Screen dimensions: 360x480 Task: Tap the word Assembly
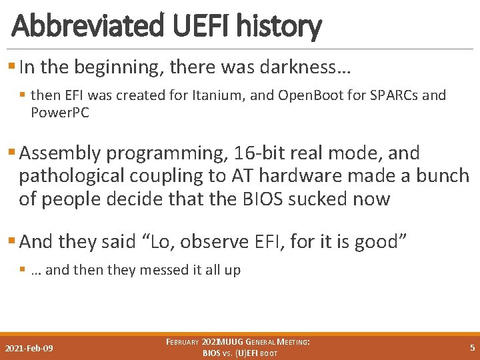(61, 153)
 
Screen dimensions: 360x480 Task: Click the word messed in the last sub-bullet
(160, 270)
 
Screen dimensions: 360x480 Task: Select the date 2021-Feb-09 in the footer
(29, 348)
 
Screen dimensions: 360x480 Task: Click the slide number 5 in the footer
(472, 347)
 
